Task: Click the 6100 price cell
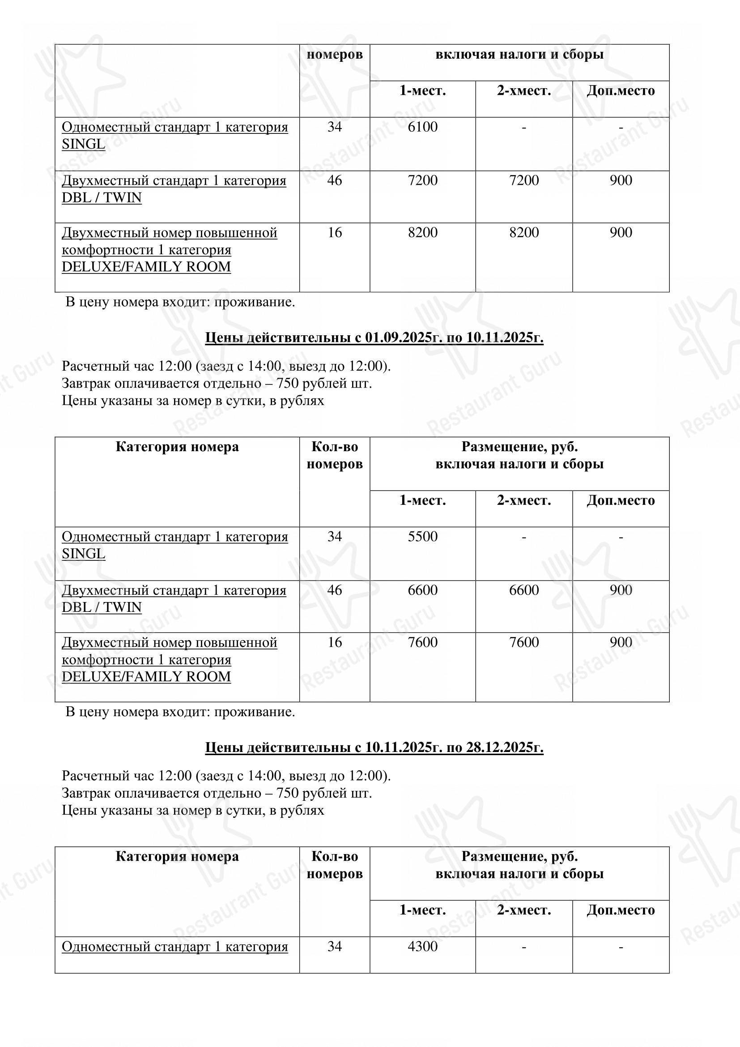(x=422, y=127)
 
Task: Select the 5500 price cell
(x=422, y=536)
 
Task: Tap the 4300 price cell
(x=422, y=946)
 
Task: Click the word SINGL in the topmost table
(x=83, y=144)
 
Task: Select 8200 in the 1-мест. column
(x=422, y=233)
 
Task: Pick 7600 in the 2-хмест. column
(x=523, y=642)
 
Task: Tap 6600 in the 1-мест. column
(x=422, y=590)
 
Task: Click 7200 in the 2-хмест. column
(x=523, y=180)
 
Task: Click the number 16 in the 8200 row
(x=335, y=233)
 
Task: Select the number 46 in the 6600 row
(x=335, y=590)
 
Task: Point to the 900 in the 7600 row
(x=621, y=642)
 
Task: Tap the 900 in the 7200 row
(x=621, y=180)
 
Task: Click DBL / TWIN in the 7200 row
(x=102, y=198)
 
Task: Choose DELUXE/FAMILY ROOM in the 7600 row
(x=146, y=677)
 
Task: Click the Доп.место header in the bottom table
(x=621, y=910)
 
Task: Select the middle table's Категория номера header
(x=177, y=446)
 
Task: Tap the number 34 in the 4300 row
(x=335, y=946)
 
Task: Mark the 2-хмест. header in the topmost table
(x=523, y=91)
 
